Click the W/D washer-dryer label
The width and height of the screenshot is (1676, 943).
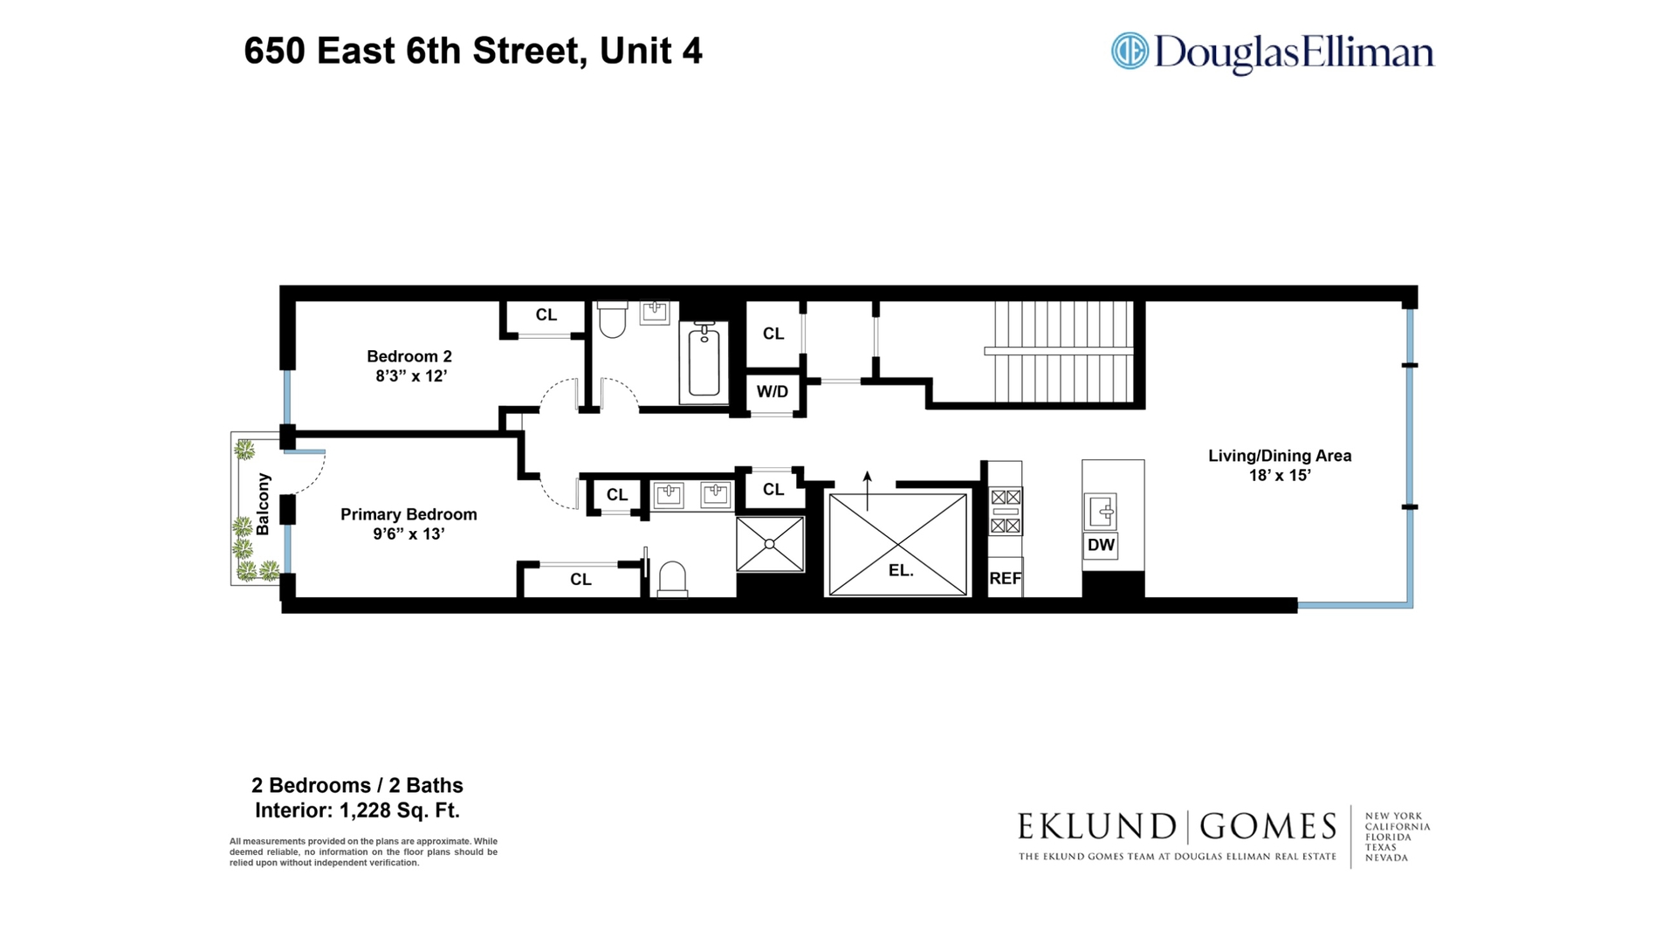[x=772, y=391]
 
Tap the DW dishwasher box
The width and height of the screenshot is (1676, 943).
[x=1101, y=545]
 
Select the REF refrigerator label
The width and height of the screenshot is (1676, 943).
[x=1005, y=578]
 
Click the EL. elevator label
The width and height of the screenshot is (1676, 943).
[x=900, y=570]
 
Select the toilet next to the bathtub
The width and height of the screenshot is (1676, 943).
[x=613, y=320]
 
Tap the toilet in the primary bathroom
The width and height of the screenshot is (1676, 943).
[x=672, y=580]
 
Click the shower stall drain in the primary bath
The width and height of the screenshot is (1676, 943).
[x=770, y=544]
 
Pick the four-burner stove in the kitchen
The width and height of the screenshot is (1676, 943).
[x=1006, y=511]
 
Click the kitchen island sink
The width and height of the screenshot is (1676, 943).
[x=1100, y=511]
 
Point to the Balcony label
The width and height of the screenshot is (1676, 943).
[x=263, y=504]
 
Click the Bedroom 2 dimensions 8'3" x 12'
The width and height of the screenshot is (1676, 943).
[x=410, y=376]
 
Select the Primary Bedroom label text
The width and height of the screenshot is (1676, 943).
[x=409, y=514]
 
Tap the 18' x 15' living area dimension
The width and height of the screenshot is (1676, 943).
[x=1280, y=475]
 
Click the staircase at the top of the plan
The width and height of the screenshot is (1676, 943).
[x=1062, y=351]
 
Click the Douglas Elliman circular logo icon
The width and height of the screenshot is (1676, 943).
[x=1129, y=51]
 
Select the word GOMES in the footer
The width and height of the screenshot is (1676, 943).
[x=1267, y=826]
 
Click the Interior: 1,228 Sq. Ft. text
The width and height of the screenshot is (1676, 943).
[x=357, y=810]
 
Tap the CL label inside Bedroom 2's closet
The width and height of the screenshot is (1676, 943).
[x=546, y=315]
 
